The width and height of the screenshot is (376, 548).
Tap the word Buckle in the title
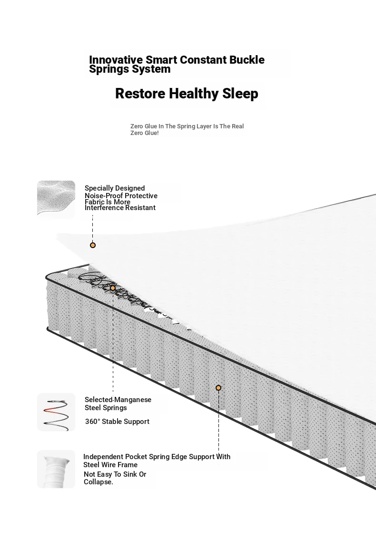pyautogui.click(x=247, y=60)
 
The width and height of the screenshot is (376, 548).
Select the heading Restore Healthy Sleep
pyautogui.click(x=187, y=94)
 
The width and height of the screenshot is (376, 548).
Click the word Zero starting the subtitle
pyautogui.click(x=137, y=126)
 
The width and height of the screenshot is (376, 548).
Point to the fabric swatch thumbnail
pyautogui.click(x=56, y=200)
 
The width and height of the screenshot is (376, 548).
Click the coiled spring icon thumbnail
pyautogui.click(x=56, y=412)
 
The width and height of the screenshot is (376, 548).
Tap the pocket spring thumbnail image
pyautogui.click(x=56, y=469)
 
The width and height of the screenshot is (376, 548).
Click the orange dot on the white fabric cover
pyautogui.click(x=93, y=245)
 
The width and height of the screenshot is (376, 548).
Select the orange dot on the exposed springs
pyautogui.click(x=113, y=288)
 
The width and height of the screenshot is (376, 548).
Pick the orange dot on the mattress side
pyautogui.click(x=218, y=387)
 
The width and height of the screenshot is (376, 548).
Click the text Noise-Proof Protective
pyautogui.click(x=121, y=196)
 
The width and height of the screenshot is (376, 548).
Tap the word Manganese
pyautogui.click(x=133, y=399)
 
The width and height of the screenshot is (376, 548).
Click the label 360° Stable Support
pyautogui.click(x=117, y=422)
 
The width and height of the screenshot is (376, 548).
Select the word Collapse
pyautogui.click(x=99, y=482)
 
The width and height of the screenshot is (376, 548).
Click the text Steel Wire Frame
pyautogui.click(x=110, y=465)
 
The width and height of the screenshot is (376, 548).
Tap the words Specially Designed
pyautogui.click(x=115, y=188)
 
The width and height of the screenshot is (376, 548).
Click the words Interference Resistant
pyautogui.click(x=120, y=208)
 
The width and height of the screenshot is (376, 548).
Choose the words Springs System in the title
pyautogui.click(x=130, y=69)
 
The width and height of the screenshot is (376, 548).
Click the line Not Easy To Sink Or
pyautogui.click(x=115, y=474)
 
